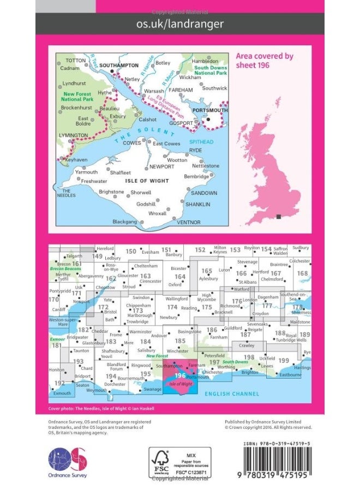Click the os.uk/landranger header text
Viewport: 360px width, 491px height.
179,23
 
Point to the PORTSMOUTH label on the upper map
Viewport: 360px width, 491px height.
211,110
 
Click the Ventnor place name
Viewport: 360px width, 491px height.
189,222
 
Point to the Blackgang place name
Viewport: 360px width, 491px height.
125,221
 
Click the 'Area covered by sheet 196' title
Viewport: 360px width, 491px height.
264,60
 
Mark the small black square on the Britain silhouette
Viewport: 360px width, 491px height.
279,217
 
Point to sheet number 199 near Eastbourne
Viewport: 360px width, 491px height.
284,361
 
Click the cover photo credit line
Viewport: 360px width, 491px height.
101,408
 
